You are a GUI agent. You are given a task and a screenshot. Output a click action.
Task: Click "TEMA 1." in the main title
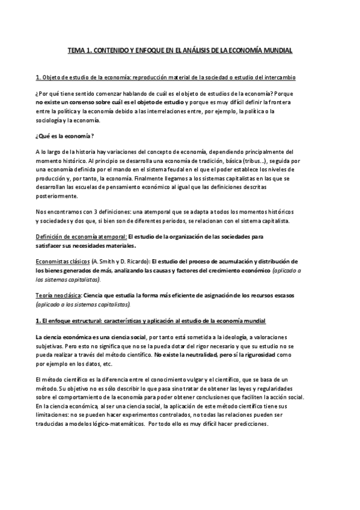click(78, 51)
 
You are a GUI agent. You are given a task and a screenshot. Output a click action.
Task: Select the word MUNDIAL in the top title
click(276, 51)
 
